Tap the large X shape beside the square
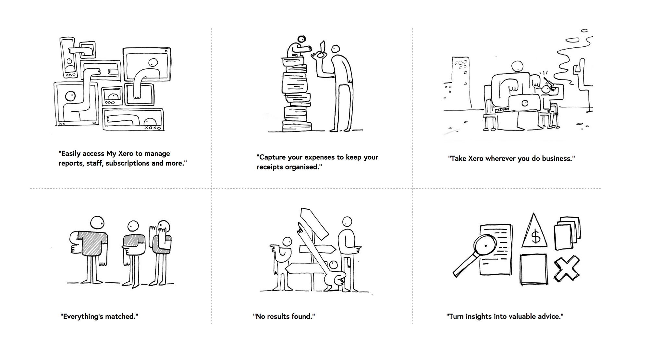pyautogui.click(x=567, y=268)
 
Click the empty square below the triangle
pyautogui.click(x=534, y=269)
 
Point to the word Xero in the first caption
pyautogui.click(x=126, y=154)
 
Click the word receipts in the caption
pyautogui.click(x=270, y=167)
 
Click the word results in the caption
pyautogui.click(x=279, y=317)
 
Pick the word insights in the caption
pyautogui.click(x=479, y=317)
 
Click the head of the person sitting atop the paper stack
pyautogui.click(x=302, y=39)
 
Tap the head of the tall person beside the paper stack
pyautogui.click(x=336, y=49)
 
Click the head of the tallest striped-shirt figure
pyautogui.click(x=97, y=223)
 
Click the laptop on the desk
pyautogui.click(x=524, y=103)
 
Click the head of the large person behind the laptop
pyautogui.click(x=517, y=67)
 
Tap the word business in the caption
pyautogui.click(x=557, y=158)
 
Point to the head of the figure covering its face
pyautogui.click(x=164, y=227)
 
